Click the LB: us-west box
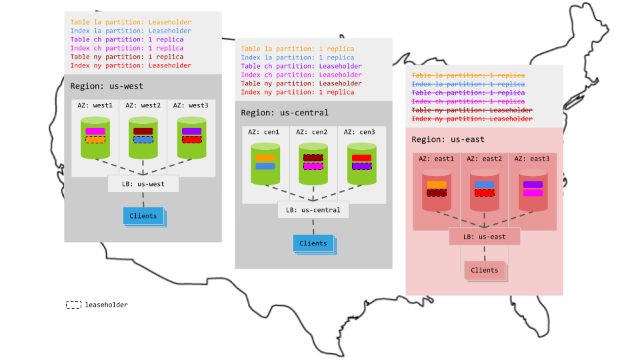coord(143,183)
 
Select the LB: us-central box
coord(313,210)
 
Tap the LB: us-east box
coord(484,237)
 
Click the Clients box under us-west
coord(143,216)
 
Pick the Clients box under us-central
coord(313,243)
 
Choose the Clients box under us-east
coord(484,270)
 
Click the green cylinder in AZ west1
coord(95,138)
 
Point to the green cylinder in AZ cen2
coord(313,164)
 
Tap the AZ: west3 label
coord(191,105)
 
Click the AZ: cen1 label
coord(265,132)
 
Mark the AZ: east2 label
coord(484,159)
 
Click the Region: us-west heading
coord(107,86)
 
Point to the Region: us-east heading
coord(448,139)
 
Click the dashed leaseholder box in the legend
coord(74,305)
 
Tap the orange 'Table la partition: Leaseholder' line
coord(131,22)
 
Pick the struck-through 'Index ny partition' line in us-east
coord(472,119)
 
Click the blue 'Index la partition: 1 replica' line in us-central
coord(297,57)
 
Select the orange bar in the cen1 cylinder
coord(265,158)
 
